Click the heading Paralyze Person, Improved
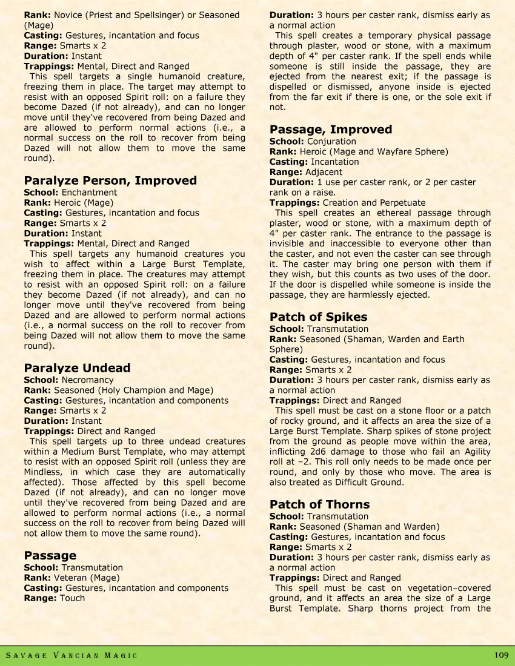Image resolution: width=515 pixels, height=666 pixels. (x=110, y=180)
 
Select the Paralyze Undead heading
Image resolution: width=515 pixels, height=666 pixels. (x=77, y=368)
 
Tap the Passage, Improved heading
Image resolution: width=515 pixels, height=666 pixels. (x=330, y=130)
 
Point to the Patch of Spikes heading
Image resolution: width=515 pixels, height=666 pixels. (x=318, y=317)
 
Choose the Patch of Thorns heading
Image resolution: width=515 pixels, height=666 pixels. (x=319, y=504)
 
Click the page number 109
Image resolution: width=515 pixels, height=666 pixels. (x=501, y=655)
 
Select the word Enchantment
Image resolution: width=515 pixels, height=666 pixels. (x=90, y=193)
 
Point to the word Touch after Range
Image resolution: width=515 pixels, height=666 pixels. (x=71, y=598)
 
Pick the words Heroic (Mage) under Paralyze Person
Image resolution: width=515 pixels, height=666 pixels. (x=84, y=203)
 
